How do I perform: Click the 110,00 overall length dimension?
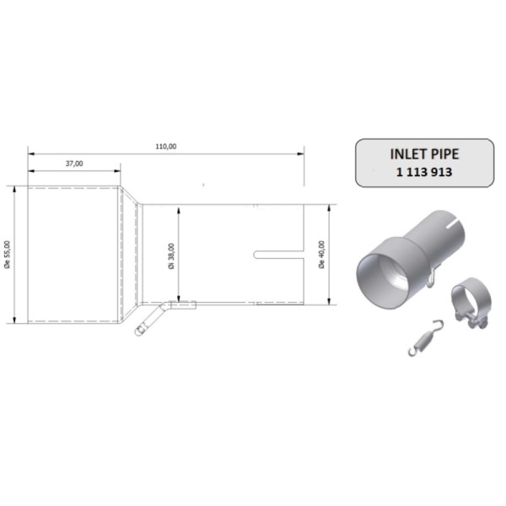pos(166,146)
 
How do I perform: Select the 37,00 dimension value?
pos(74,164)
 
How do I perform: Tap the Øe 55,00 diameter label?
pos(8,254)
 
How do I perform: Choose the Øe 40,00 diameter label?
pos(321,254)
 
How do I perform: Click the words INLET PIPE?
pos(427,154)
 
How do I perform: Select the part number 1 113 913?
pos(427,171)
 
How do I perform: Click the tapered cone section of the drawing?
pos(131,253)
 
